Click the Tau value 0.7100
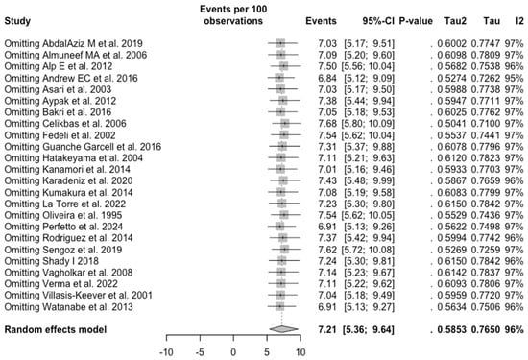(476, 152)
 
